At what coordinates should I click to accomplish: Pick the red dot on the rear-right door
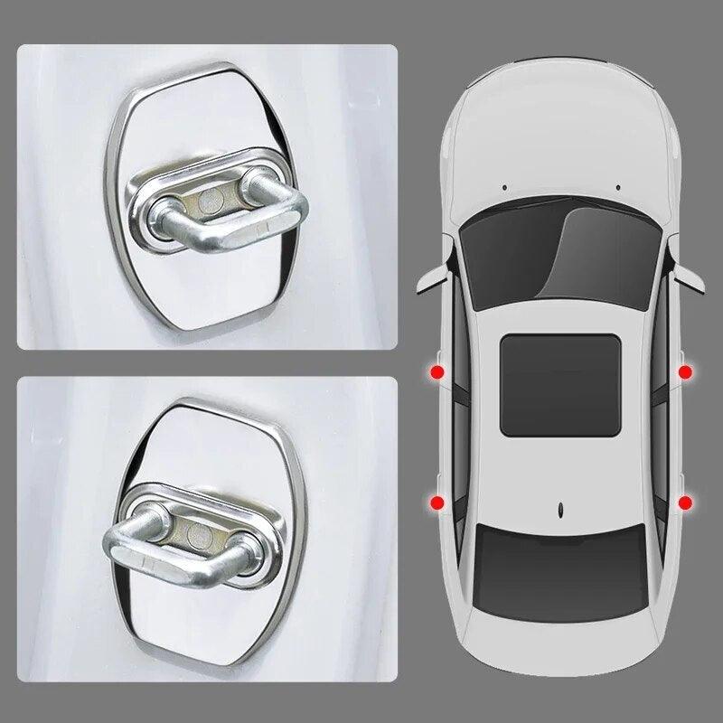coord(684,502)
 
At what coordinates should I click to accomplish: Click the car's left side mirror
coord(429,275)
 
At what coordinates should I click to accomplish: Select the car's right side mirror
coord(691,275)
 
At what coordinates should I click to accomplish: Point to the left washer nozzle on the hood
coord(504,187)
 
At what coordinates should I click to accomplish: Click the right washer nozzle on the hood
coord(617,187)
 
